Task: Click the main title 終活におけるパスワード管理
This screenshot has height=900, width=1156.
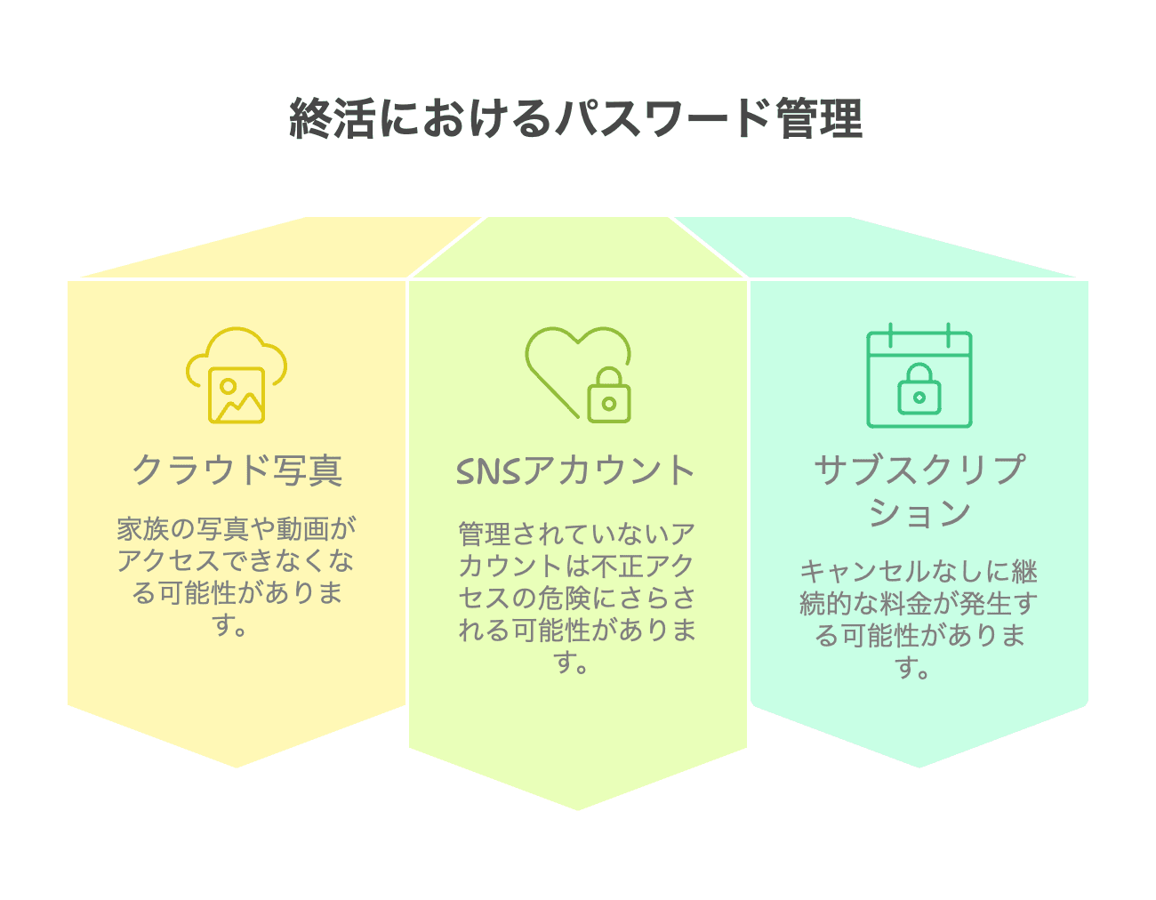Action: click(575, 118)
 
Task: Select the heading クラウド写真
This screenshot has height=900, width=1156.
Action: click(237, 470)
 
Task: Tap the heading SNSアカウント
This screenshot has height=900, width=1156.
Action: click(575, 470)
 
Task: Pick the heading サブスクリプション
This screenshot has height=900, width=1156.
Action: click(919, 492)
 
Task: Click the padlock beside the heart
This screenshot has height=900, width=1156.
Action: click(608, 395)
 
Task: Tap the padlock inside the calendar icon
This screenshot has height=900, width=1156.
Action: click(919, 389)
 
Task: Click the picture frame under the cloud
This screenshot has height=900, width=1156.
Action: click(237, 395)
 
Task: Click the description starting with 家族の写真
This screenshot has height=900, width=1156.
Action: click(237, 576)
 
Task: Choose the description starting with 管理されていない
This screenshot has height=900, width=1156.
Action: click(577, 598)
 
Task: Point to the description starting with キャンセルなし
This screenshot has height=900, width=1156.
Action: click(919, 619)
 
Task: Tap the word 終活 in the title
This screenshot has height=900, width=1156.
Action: click(332, 118)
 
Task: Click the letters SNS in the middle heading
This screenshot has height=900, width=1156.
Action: click(488, 471)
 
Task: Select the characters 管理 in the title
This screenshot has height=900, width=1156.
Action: click(819, 118)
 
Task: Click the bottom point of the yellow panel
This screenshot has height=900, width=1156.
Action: click(237, 767)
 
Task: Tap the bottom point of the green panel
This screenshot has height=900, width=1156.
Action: click(578, 810)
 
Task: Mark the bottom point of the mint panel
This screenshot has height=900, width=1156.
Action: click(919, 767)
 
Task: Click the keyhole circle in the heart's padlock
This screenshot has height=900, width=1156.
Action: click(609, 404)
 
